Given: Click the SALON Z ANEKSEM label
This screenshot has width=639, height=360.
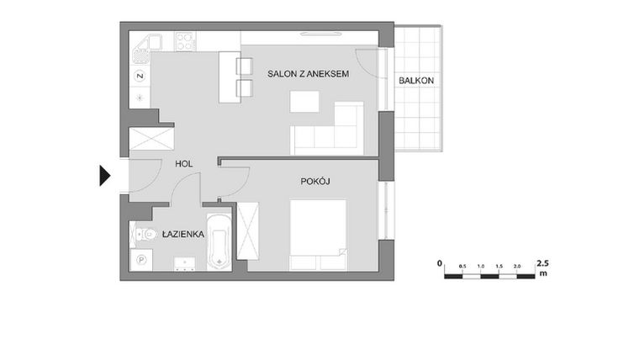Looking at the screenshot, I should click(308, 75).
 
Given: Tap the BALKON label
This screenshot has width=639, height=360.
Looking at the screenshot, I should click(416, 80).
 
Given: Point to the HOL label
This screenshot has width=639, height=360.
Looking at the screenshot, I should click(185, 164).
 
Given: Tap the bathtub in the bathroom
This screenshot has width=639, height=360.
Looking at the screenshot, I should click(219, 243).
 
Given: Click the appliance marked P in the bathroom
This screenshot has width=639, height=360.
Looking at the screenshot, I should click(140, 261).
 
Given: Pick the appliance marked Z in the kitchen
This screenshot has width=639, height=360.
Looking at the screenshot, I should click(140, 77).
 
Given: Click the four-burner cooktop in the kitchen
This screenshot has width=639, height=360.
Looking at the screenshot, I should click(186, 40).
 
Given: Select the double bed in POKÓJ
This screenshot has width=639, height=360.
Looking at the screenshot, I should click(318, 235).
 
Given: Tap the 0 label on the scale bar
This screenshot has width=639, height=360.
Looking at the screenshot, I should click(440, 263).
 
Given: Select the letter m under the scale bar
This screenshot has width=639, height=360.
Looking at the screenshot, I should click(543, 274).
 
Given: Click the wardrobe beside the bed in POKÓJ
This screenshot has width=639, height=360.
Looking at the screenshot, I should click(250, 232).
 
